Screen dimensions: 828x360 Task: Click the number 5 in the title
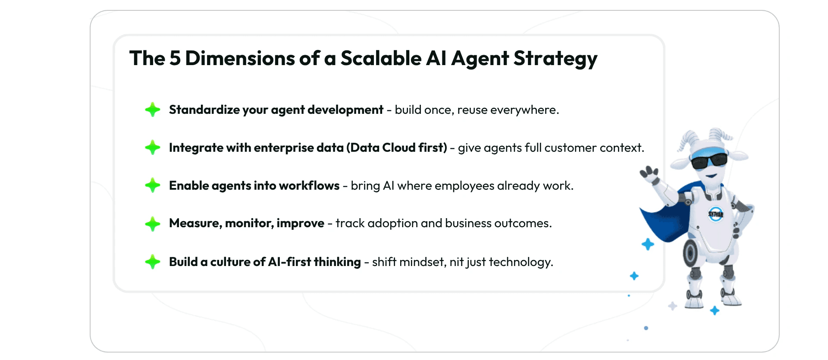175,58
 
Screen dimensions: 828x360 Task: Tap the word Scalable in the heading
381,58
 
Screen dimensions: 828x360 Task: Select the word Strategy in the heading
555,59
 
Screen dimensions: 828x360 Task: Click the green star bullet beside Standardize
153,110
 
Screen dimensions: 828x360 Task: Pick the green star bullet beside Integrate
153,147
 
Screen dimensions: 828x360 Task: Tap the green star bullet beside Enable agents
153,185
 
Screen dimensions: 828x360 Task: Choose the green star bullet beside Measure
153,224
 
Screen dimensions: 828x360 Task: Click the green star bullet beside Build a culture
153,262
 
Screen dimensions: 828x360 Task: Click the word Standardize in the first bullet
204,110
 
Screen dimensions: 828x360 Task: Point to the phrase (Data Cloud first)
397,148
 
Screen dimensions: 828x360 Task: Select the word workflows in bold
309,185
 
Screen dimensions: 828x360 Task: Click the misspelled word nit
456,262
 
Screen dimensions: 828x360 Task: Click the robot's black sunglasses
709,162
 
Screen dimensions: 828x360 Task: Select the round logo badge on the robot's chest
716,214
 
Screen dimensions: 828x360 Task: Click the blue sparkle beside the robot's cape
648,244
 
